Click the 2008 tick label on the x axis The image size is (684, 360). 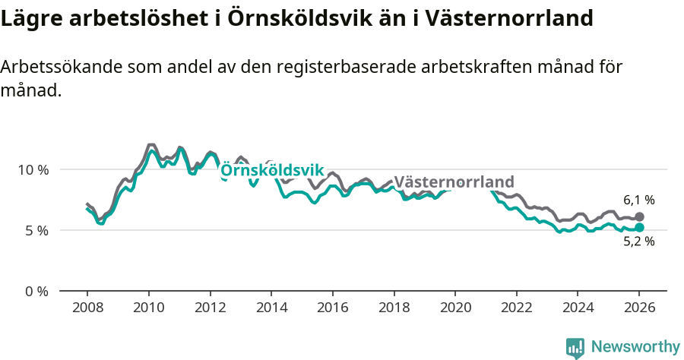[x=87, y=308]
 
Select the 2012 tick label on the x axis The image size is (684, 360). [x=210, y=308]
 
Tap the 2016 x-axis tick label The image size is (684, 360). [x=332, y=308]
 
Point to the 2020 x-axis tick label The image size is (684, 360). [x=454, y=308]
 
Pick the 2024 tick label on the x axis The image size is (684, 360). [x=577, y=308]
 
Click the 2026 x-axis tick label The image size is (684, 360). [x=638, y=308]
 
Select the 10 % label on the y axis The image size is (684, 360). [x=33, y=169]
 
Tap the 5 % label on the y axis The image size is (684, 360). [x=36, y=230]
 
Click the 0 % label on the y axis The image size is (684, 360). [x=36, y=291]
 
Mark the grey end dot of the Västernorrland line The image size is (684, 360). [x=639, y=217]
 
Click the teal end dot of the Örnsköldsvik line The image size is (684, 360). [x=639, y=227]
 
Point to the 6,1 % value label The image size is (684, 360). [x=639, y=201]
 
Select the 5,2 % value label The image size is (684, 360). [x=639, y=242]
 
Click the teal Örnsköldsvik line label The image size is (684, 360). [x=272, y=170]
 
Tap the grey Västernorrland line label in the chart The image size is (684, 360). [x=454, y=182]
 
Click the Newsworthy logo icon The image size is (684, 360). [x=575, y=348]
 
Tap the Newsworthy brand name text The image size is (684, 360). [x=635, y=347]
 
